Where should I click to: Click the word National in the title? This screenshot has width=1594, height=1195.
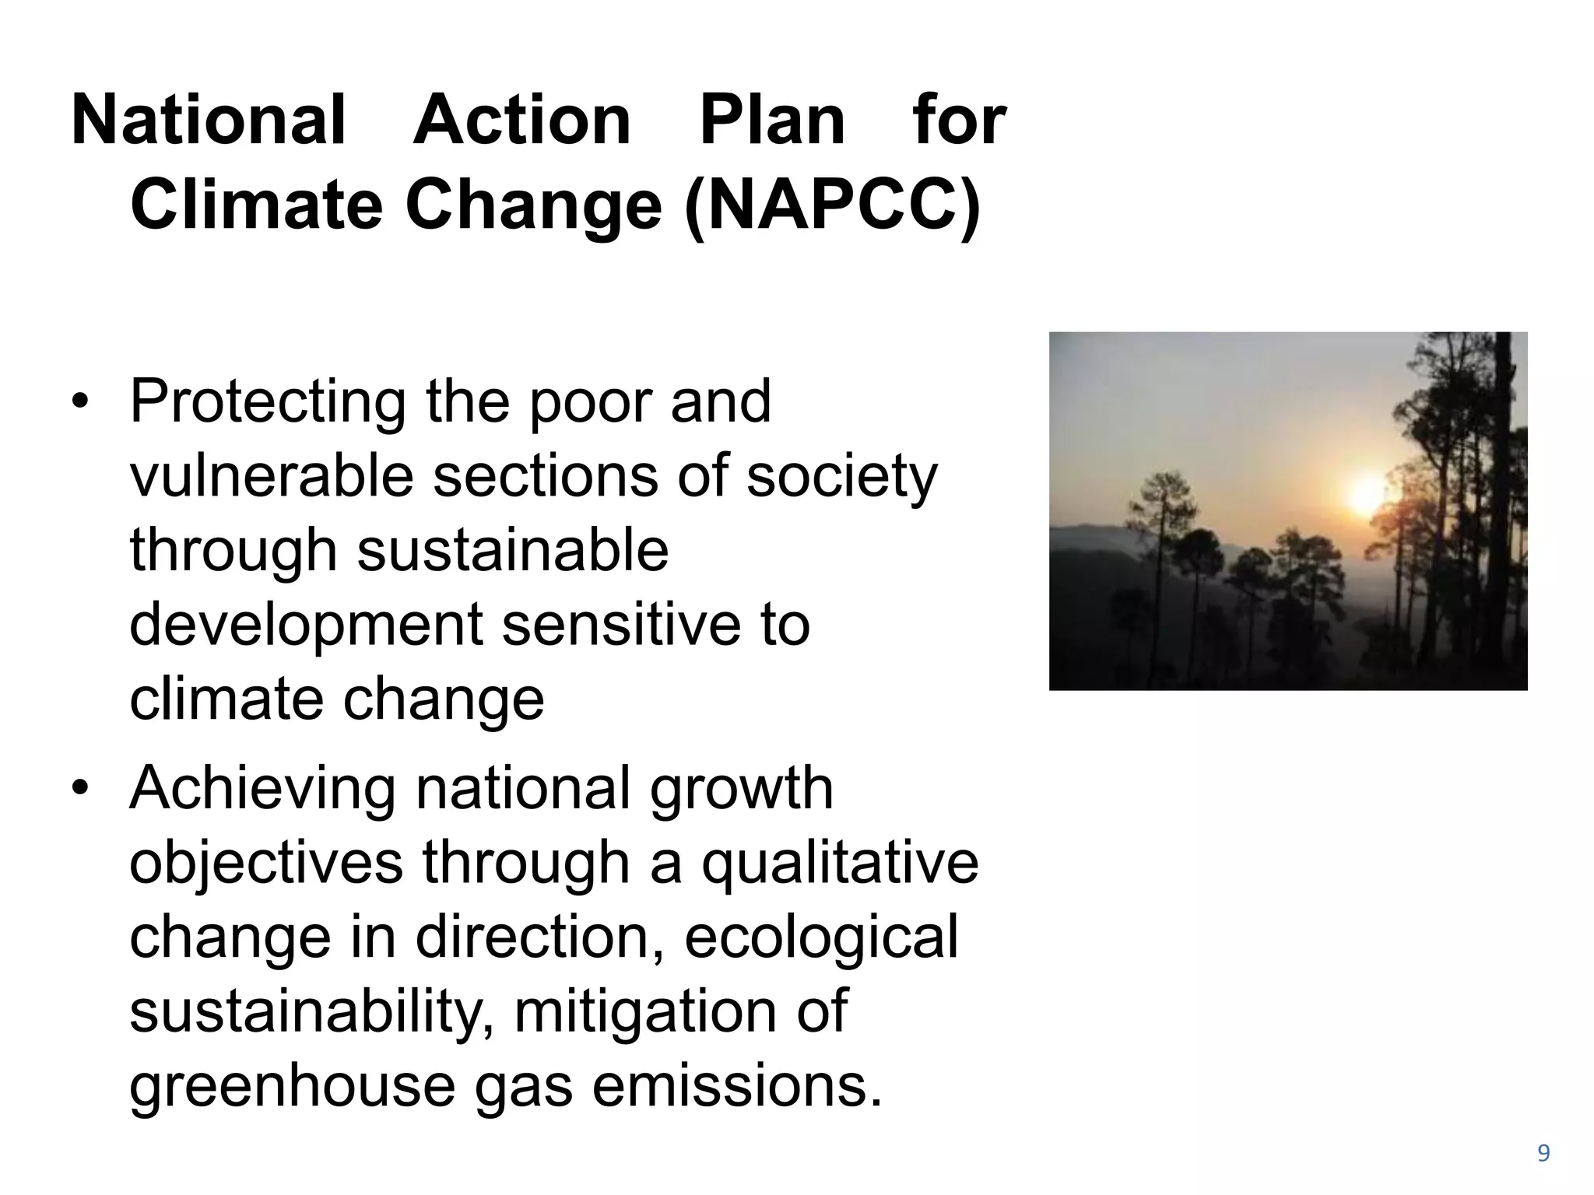click(208, 121)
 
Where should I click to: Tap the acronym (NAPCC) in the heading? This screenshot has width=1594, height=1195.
click(832, 206)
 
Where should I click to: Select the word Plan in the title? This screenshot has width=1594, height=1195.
click(771, 121)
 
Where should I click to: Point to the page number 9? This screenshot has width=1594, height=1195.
click(1543, 1153)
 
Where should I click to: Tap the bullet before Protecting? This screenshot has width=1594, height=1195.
click(79, 402)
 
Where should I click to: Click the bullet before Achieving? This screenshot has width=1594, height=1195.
click(79, 789)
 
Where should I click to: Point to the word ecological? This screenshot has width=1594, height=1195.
click(822, 937)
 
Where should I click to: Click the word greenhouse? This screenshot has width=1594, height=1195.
click(292, 1086)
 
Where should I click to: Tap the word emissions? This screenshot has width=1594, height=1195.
click(738, 1086)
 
